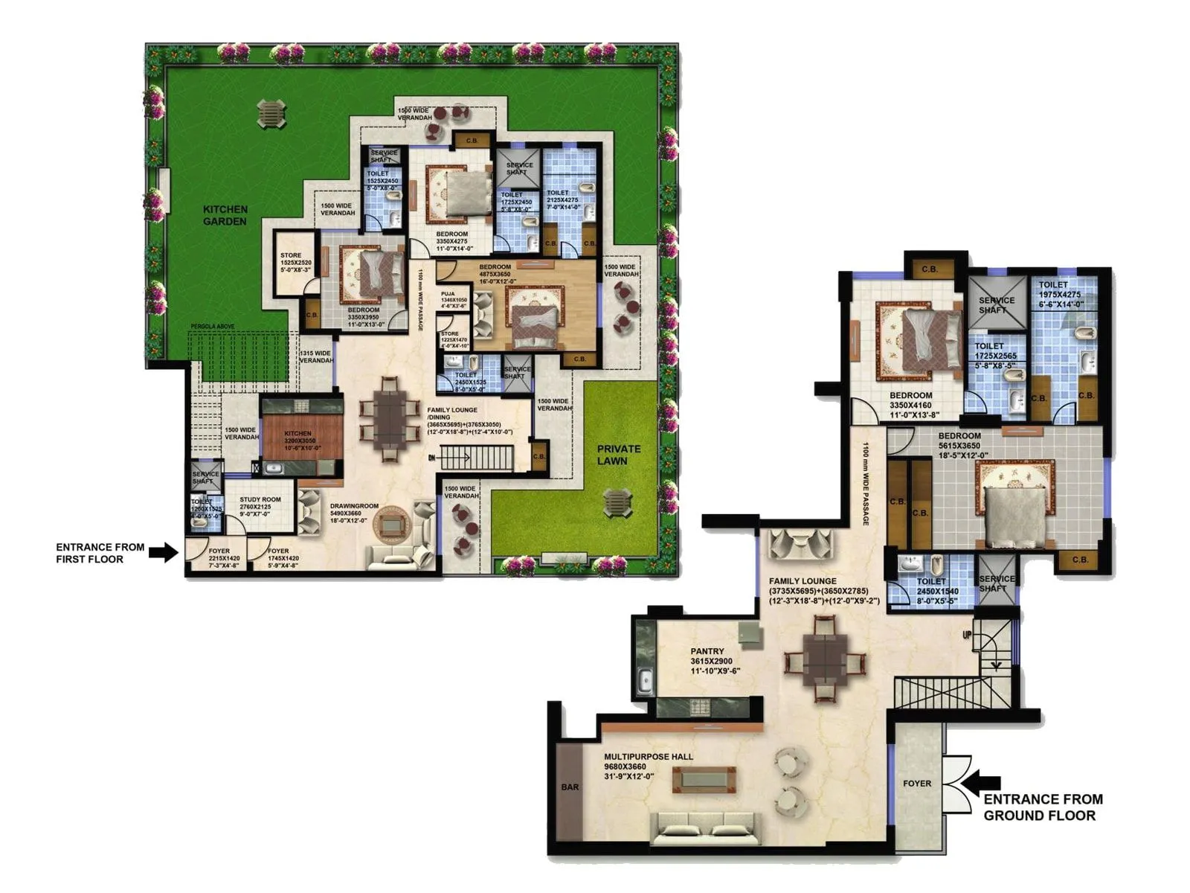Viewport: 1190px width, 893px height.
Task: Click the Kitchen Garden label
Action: [x=225, y=215]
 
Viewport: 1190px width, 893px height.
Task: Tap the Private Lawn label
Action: [x=618, y=454]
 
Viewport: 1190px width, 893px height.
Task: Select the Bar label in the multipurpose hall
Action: [x=570, y=787]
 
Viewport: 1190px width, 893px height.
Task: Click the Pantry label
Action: [x=707, y=651]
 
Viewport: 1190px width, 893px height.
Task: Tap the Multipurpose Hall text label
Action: [x=648, y=757]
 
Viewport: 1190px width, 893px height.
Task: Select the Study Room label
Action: [x=260, y=499]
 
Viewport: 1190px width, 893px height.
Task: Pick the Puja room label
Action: [x=448, y=294]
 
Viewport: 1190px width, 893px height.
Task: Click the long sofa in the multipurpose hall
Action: [x=705, y=828]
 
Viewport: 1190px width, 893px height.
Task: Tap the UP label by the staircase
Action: [x=967, y=635]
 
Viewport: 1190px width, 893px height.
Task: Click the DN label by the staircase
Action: [x=431, y=458]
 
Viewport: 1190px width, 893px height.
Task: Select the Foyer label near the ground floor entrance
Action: [x=916, y=783]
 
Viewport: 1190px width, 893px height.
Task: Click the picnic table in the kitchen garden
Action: [x=271, y=113]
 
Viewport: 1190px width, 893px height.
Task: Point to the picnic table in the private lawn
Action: [x=617, y=503]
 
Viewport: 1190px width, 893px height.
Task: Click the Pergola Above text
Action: [x=213, y=327]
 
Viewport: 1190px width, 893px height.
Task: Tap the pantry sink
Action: [x=646, y=679]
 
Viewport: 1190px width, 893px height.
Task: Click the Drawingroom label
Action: [x=354, y=506]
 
